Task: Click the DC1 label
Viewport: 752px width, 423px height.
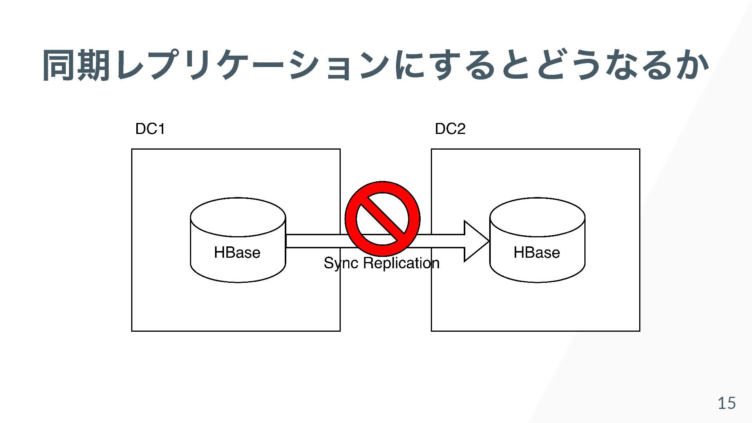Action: point(150,129)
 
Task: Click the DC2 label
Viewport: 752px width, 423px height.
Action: point(450,129)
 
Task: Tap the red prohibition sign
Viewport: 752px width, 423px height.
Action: point(382,219)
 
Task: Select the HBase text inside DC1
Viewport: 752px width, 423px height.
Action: point(237,253)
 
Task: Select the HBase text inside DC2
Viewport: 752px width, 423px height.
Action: point(537,253)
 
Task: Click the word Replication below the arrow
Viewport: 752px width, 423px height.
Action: point(401,263)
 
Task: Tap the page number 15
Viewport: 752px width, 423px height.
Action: point(727,403)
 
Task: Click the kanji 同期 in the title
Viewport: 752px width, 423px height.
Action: point(76,65)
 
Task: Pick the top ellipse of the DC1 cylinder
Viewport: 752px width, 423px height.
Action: point(238,217)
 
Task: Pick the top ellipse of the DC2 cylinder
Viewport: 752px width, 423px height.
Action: point(537,217)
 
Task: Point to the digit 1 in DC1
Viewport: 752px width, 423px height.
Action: point(161,129)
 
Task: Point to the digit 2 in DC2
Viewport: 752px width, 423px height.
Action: point(461,129)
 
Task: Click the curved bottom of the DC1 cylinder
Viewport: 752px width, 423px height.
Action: point(238,279)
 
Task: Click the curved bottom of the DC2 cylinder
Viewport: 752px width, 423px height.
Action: point(537,279)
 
